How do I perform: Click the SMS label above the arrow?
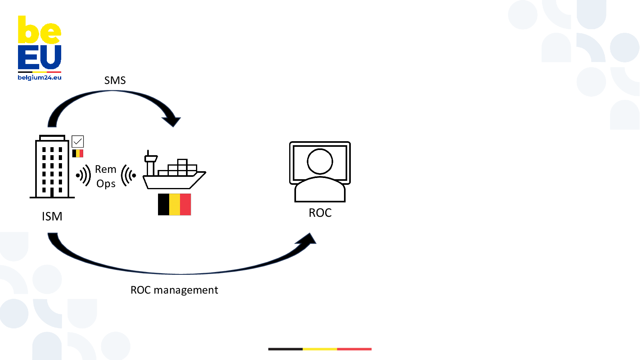click(x=115, y=80)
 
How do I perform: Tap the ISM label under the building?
click(x=52, y=216)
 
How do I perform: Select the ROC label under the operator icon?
click(x=320, y=213)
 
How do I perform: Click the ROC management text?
click(x=174, y=290)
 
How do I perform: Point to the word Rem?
click(x=106, y=170)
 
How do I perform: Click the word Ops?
click(x=106, y=184)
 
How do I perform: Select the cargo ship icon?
click(x=174, y=171)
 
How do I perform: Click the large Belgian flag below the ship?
click(x=174, y=204)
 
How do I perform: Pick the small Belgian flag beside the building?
click(x=78, y=153)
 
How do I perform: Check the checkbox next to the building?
click(x=78, y=141)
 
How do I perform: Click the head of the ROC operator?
click(x=320, y=161)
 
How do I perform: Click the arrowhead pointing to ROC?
click(x=308, y=239)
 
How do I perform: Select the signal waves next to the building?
click(x=84, y=175)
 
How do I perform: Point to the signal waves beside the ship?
click(x=128, y=175)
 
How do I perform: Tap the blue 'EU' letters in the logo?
click(x=39, y=58)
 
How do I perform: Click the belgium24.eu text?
click(x=40, y=78)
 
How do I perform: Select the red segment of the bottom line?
click(x=354, y=349)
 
